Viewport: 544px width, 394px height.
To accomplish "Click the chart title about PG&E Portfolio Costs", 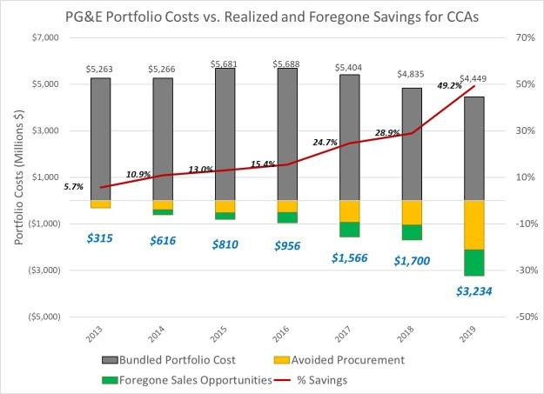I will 272,16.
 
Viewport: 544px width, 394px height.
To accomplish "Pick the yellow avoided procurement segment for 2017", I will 349,210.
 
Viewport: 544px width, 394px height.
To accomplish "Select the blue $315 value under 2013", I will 100,237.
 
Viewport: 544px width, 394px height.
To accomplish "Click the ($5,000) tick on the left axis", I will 41,317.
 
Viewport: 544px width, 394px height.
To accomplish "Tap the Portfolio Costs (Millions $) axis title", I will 19,177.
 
